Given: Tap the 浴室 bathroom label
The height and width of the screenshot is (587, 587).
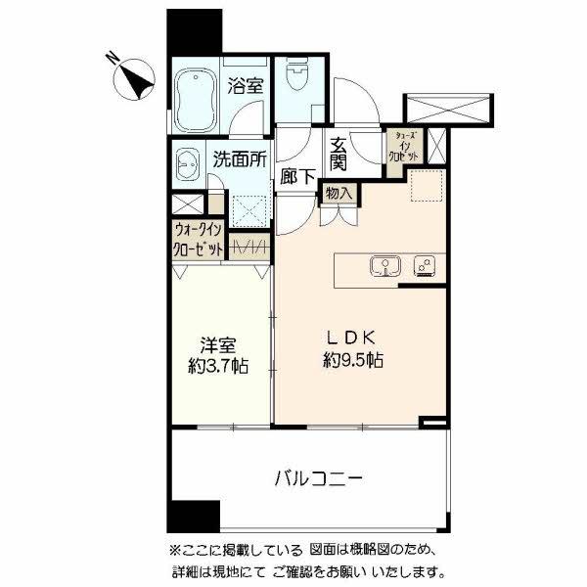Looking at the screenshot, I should (x=246, y=86).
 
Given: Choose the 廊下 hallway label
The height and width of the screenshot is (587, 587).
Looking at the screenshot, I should (x=295, y=177).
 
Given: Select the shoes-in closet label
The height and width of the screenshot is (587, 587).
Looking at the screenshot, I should (x=405, y=148).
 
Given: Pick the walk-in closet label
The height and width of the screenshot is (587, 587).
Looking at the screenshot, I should (x=198, y=241).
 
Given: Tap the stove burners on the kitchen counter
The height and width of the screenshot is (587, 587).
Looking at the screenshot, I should (x=425, y=265).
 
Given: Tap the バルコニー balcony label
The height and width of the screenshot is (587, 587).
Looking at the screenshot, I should (x=318, y=479).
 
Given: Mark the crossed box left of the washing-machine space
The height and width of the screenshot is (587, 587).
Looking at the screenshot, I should (x=187, y=205).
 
